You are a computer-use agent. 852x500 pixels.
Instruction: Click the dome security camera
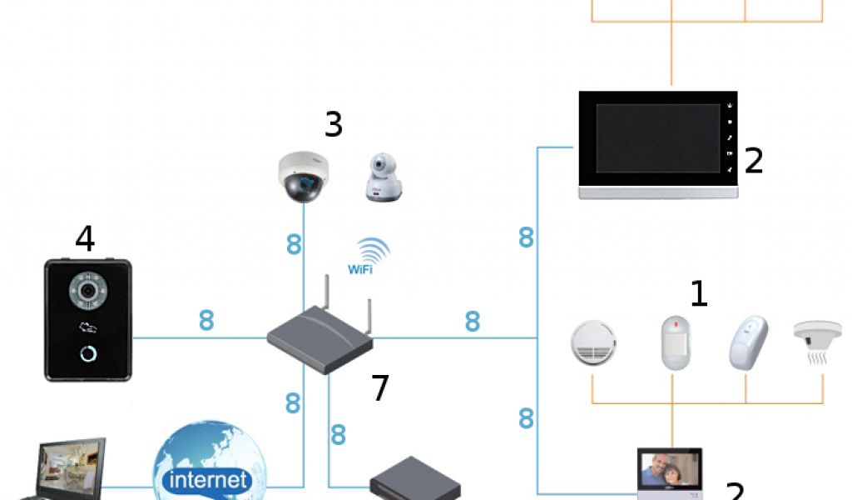point(303,176)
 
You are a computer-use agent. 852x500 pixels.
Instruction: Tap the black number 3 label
point(333,125)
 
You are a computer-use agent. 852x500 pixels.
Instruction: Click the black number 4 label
point(85,239)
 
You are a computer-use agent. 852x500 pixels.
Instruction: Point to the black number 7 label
point(379,388)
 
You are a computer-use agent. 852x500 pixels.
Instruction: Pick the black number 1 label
point(699,293)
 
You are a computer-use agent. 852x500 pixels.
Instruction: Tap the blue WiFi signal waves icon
point(374,250)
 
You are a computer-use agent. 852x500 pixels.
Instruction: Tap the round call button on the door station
point(88,353)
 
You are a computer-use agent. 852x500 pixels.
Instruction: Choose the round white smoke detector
point(592,343)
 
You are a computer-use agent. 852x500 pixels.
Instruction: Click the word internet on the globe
point(208,480)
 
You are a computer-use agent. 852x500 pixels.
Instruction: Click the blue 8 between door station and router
point(206,321)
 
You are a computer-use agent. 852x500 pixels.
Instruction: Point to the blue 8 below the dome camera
point(293,245)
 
